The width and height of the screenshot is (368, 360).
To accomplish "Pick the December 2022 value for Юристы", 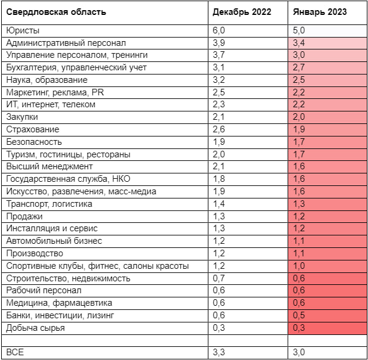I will (x=219, y=30).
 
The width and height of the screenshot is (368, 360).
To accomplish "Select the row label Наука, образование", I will (x=46, y=80).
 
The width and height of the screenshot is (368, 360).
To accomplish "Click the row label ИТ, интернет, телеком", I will (x=50, y=105).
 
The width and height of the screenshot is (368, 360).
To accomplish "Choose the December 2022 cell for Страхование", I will (x=219, y=129).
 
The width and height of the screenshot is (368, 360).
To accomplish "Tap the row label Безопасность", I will (x=34, y=142).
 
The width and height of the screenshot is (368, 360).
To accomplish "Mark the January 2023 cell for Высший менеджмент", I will (x=299, y=167).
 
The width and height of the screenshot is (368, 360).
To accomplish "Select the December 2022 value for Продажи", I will (x=219, y=216).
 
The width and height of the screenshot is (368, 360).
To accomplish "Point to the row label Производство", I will (x=35, y=253).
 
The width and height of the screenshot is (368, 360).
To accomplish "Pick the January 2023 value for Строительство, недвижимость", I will (x=299, y=278).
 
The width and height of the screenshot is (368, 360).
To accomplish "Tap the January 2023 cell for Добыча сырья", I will (x=299, y=328).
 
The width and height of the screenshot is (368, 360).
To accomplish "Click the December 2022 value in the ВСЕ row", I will (x=219, y=353).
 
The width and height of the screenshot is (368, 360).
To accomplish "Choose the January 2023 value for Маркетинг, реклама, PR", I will (x=299, y=92).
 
